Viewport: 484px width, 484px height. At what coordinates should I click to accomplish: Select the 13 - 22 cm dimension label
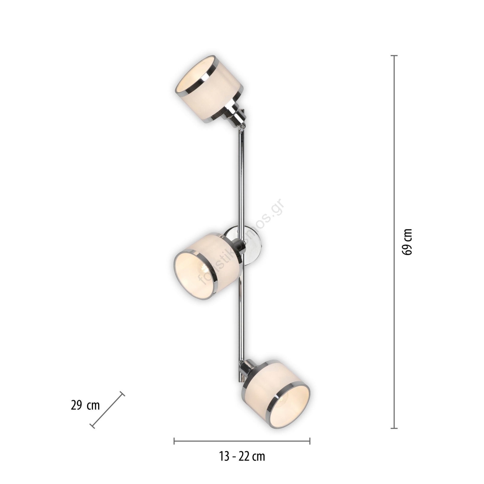pos(242,456)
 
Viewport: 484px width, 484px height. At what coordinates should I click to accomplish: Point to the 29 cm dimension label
pos(85,405)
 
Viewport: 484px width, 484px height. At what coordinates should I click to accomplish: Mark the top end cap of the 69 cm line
pos(394,56)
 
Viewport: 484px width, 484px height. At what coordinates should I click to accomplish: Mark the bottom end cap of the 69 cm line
pos(394,428)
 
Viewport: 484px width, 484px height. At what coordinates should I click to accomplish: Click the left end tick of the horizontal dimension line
pos(174,441)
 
